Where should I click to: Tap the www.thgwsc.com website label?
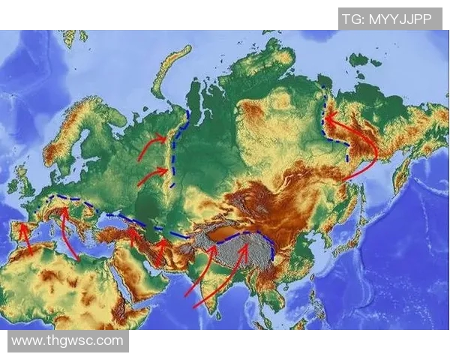click(x=67, y=340)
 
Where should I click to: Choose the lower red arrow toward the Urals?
click(x=152, y=177)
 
